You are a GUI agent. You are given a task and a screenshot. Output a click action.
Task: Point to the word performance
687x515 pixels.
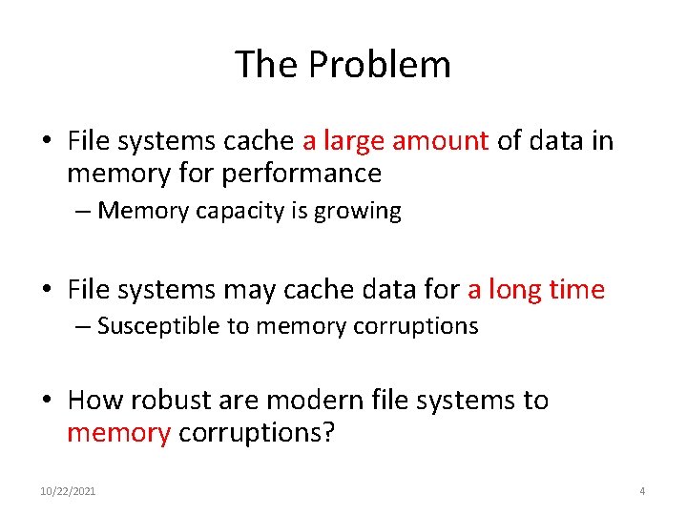tap(302, 174)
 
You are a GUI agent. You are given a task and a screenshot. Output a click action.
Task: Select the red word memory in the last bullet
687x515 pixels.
tap(118, 433)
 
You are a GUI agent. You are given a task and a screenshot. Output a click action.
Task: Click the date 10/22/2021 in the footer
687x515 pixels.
tap(68, 491)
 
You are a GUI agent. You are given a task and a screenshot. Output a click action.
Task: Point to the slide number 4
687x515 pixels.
tap(642, 491)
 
